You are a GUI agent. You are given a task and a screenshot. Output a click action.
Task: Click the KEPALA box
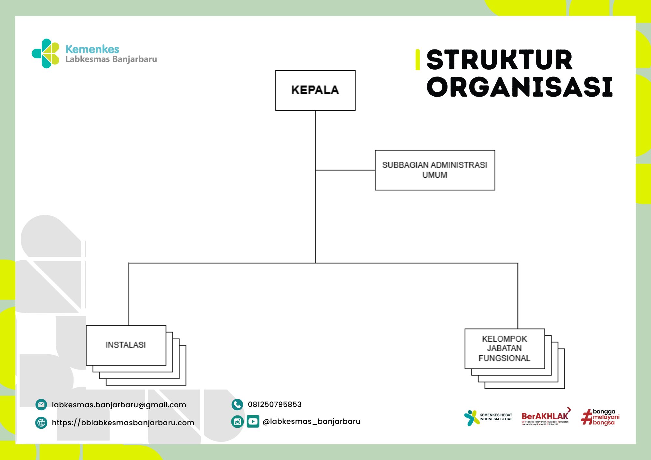pyautogui.click(x=315, y=90)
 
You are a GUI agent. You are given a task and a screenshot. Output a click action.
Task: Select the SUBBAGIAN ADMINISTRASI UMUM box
pyautogui.click(x=435, y=170)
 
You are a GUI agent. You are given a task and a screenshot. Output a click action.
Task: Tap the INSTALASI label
pyautogui.click(x=126, y=345)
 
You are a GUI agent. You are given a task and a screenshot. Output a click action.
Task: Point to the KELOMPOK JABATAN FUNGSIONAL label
pyautogui.click(x=504, y=348)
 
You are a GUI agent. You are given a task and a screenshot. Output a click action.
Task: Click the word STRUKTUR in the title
pyautogui.click(x=499, y=60)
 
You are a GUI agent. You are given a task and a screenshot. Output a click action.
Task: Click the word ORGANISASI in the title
pyautogui.click(x=519, y=87)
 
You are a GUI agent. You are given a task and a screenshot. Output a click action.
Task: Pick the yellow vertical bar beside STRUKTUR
pyautogui.click(x=418, y=60)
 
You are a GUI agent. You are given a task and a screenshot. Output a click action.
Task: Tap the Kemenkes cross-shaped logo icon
pyautogui.click(x=46, y=54)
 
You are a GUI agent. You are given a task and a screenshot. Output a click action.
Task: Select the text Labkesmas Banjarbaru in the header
pyautogui.click(x=111, y=59)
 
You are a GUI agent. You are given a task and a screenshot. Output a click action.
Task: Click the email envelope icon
pyautogui.click(x=41, y=405)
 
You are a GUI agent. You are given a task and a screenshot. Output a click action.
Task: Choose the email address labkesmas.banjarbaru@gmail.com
pyautogui.click(x=119, y=405)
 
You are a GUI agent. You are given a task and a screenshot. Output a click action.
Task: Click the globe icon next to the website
pyautogui.click(x=41, y=423)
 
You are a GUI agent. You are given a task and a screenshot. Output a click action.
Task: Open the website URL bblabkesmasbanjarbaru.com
pyautogui.click(x=123, y=423)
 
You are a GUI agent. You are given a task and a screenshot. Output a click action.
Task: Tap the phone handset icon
pyautogui.click(x=237, y=404)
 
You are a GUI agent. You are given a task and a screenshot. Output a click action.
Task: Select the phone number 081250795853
pyautogui.click(x=275, y=404)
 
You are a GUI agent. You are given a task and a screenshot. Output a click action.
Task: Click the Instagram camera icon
pyautogui.click(x=237, y=422)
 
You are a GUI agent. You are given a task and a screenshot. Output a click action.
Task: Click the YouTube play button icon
pyautogui.click(x=253, y=422)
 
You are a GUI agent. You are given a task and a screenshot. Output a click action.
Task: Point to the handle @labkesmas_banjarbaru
pyautogui.click(x=312, y=422)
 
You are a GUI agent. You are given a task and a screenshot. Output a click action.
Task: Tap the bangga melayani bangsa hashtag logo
pyautogui.click(x=601, y=417)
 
